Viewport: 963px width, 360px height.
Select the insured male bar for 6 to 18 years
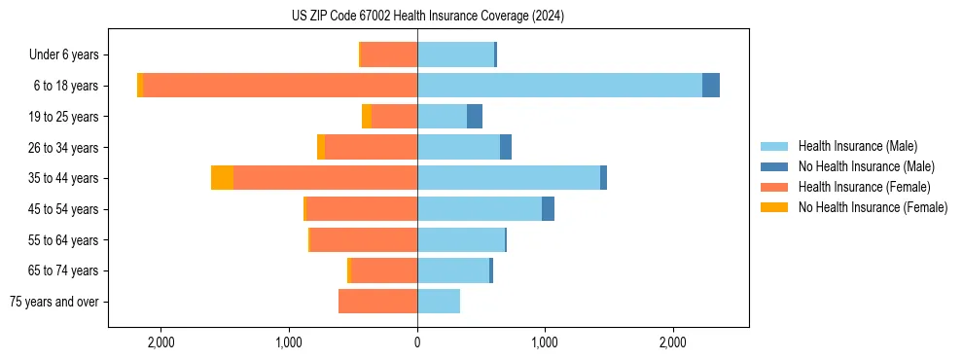(559, 86)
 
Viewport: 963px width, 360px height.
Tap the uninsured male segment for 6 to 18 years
(711, 86)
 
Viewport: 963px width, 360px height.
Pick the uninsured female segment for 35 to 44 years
(222, 178)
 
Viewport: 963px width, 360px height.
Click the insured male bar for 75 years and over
(439, 302)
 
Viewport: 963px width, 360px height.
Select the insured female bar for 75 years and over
(377, 302)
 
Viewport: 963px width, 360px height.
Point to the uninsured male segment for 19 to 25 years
(475, 117)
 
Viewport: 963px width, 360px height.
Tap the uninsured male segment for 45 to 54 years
(548, 209)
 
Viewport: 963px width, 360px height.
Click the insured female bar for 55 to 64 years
(364, 240)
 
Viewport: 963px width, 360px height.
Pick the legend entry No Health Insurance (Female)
(873, 207)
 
